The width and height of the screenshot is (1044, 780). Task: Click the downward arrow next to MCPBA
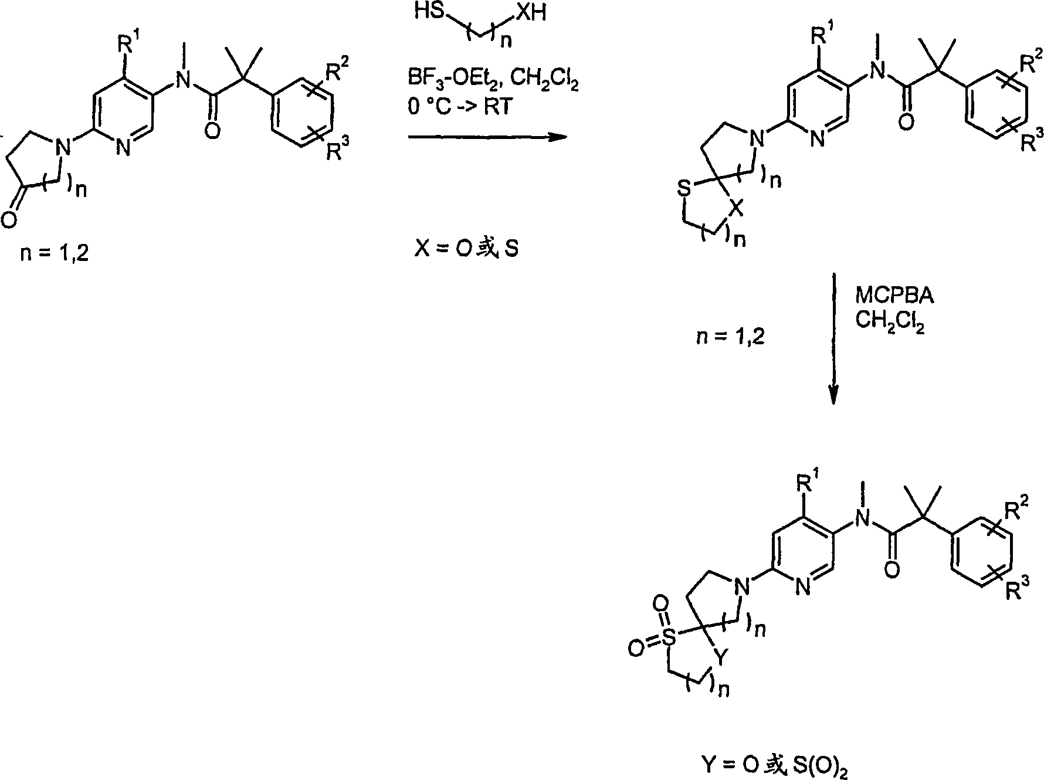(x=833, y=338)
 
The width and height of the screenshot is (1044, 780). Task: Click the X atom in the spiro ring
(x=738, y=207)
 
